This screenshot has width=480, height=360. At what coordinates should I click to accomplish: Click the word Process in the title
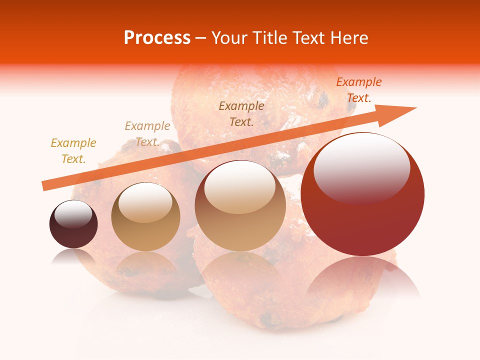coord(157,38)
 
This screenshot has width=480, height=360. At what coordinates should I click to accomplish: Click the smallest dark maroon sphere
coord(73,224)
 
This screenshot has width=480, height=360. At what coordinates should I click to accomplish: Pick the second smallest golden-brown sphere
coord(145,217)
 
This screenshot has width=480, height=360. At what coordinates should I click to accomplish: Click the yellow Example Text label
coord(73,150)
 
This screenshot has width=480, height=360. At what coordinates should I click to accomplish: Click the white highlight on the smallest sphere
coord(73,214)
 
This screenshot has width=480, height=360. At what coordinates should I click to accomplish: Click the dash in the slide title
coord(200,38)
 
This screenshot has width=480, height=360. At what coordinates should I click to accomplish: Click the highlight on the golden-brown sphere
coord(145,201)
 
